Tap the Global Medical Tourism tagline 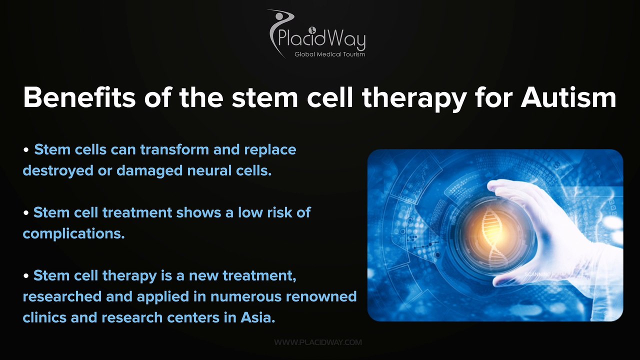[x=329, y=54]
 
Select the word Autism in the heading [x=568, y=97]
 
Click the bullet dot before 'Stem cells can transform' [x=26, y=149]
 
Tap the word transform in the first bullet [x=174, y=149]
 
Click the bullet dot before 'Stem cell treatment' [x=26, y=212]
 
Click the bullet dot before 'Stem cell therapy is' [x=26, y=275]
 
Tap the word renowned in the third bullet [x=321, y=296]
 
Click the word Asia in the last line [x=257, y=317]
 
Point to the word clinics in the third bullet [x=44, y=317]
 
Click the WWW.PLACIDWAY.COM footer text [x=318, y=342]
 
